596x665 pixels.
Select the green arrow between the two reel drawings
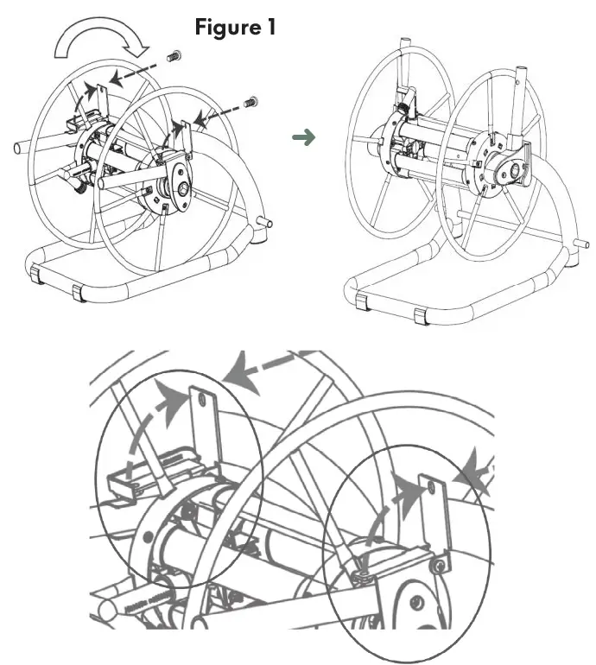point(302,137)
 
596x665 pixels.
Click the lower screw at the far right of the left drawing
point(251,102)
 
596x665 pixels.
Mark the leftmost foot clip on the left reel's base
point(35,275)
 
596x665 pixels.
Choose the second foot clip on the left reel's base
point(78,293)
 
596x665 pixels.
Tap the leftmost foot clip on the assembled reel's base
point(358,300)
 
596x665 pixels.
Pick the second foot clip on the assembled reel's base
point(421,315)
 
